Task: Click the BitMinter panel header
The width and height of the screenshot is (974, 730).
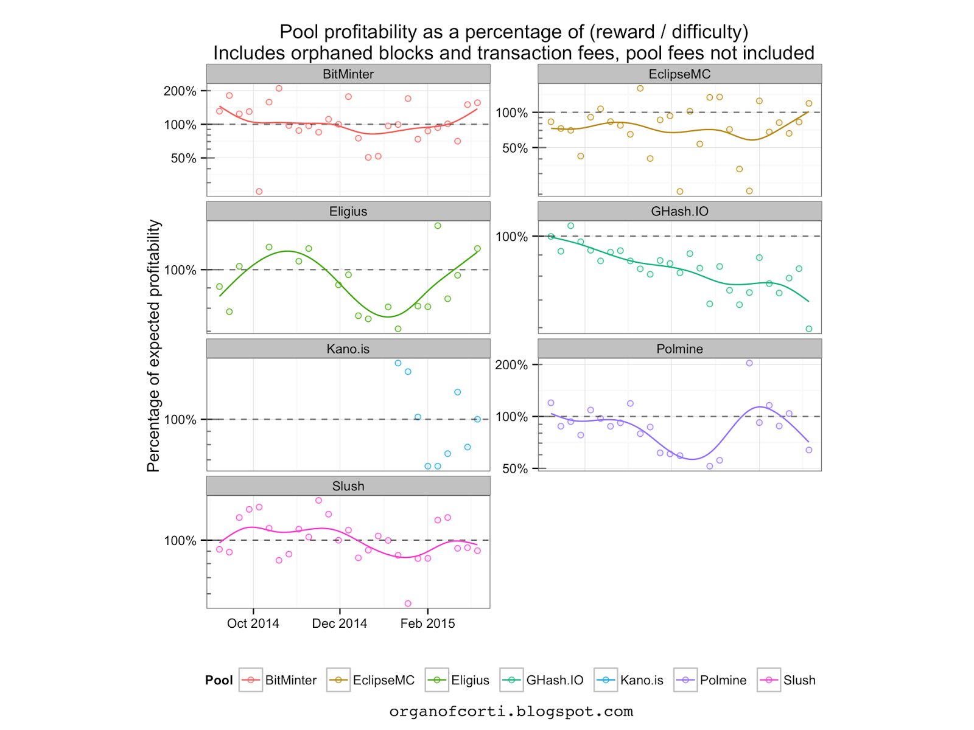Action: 348,74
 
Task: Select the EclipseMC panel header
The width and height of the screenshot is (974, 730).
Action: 679,74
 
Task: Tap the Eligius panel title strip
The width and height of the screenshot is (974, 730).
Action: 348,212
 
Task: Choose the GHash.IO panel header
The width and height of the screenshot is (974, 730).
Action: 679,212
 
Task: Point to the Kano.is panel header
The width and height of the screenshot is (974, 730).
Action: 348,349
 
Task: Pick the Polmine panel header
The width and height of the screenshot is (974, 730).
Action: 679,349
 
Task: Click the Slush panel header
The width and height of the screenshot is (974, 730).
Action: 348,487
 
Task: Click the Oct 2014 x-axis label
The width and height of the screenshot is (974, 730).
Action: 253,624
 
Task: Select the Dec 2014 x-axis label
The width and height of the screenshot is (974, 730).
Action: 340,624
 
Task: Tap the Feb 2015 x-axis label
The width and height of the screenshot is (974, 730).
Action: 427,624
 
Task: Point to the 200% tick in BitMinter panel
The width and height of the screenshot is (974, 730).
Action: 180,91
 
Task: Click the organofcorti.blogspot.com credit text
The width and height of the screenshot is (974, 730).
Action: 511,712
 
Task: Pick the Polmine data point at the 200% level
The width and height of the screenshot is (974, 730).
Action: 749,363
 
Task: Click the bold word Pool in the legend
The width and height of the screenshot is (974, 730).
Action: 219,681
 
